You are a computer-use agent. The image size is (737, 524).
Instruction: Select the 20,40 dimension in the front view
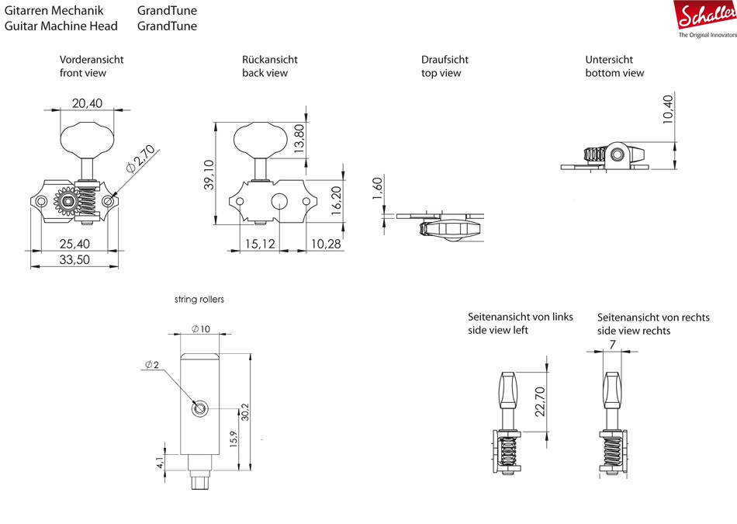[87, 102]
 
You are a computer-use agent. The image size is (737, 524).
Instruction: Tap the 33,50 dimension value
[74, 260]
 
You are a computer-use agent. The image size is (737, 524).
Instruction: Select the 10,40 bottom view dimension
[668, 110]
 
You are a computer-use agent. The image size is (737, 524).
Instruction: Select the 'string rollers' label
[199, 299]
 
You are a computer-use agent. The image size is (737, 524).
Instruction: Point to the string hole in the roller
[200, 408]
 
